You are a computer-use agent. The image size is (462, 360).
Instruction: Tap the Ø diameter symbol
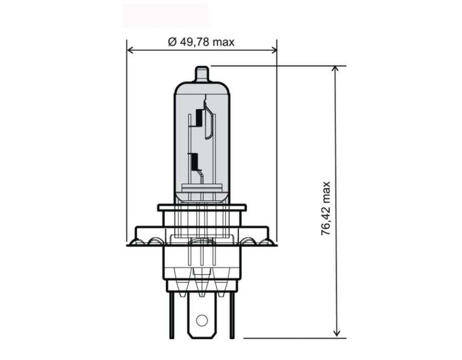(x=172, y=42)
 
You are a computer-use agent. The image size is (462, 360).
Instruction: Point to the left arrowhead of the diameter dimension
(x=130, y=50)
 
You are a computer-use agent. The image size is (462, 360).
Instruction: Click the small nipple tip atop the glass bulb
(x=202, y=73)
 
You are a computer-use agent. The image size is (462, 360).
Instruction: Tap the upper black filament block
(x=199, y=118)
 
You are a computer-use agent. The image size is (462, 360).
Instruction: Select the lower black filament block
(x=194, y=162)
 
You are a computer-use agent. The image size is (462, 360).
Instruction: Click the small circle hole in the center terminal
(x=201, y=321)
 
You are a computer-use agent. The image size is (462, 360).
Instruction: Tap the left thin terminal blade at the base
(x=171, y=316)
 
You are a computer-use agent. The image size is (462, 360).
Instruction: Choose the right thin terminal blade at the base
(x=232, y=316)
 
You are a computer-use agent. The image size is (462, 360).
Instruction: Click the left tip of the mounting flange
(x=129, y=245)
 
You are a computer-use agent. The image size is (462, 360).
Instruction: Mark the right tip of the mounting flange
(x=275, y=245)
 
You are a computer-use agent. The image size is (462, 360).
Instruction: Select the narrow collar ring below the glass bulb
(x=202, y=208)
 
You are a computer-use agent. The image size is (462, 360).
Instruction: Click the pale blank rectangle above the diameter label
(x=165, y=15)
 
